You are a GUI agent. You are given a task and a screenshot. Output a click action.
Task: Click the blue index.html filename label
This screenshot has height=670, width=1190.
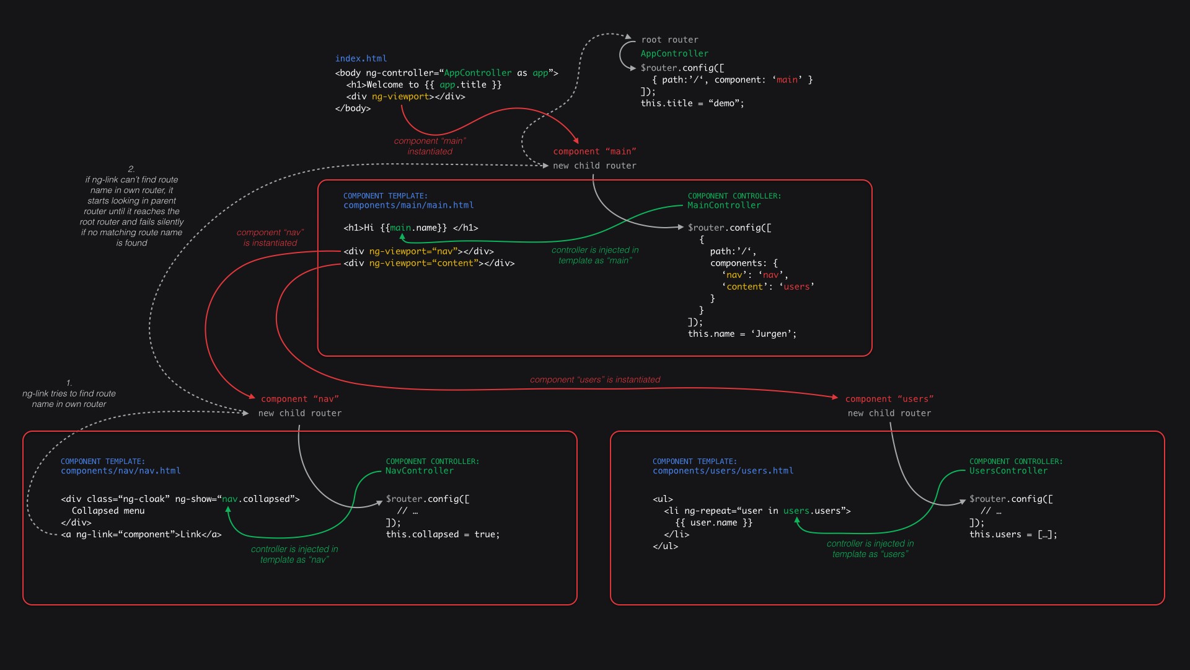point(361,58)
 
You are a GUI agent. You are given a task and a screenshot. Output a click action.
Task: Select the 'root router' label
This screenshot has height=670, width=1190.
point(669,40)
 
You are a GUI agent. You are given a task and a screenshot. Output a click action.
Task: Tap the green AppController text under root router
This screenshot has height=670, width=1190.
point(674,54)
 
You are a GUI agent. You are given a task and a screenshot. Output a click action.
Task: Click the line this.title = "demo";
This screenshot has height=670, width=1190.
point(692,104)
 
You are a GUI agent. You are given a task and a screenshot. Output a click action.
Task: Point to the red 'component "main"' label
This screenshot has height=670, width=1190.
point(594,151)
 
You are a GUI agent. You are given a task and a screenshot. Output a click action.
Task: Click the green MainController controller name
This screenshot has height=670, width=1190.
point(724,205)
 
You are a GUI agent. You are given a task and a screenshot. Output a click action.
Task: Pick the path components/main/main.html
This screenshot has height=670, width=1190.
point(408,205)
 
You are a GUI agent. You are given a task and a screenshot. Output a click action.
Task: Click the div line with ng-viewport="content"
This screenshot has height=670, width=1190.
point(429,264)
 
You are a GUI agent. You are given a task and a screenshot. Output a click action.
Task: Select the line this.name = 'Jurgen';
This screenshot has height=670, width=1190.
point(742,334)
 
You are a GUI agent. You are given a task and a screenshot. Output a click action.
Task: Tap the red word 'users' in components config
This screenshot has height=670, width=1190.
point(796,287)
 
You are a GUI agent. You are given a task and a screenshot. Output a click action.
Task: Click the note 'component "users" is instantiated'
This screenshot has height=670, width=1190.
point(595,380)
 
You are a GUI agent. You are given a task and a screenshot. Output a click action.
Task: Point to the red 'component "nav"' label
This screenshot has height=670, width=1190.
point(299,399)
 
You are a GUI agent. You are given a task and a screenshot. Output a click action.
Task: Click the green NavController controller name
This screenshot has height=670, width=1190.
point(420,471)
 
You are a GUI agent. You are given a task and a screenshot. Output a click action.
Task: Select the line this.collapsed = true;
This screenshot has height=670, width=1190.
point(443,535)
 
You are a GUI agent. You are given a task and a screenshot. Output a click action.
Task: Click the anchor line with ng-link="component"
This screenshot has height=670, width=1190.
point(141,535)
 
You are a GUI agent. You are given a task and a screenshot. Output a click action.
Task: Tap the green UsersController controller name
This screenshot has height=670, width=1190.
point(1008,471)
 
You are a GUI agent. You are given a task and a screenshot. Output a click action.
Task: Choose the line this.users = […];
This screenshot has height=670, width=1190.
point(1013,535)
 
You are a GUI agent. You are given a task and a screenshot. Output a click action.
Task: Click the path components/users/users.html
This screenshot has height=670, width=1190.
point(723,471)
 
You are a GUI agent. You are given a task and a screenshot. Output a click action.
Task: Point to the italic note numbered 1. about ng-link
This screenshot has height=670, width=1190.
point(69,394)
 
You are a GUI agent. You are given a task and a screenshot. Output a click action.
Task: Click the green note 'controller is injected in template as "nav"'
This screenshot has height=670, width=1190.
point(294,555)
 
